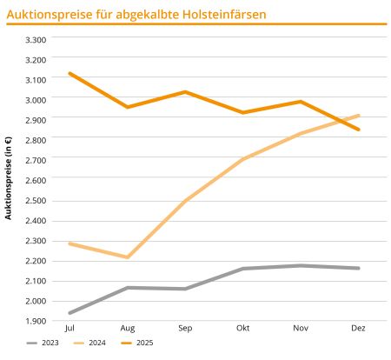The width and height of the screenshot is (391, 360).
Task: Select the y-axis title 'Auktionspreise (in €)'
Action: coord(9,177)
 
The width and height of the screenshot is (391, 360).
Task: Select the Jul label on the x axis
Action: coord(70,328)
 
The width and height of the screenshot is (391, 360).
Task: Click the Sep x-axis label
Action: coord(185,328)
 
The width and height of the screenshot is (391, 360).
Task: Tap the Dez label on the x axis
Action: coord(358,328)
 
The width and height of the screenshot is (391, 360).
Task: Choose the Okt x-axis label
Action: coord(242,328)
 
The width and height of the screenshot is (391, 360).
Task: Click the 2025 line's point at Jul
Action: coord(70,73)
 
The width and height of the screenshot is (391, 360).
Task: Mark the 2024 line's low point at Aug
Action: coord(128,257)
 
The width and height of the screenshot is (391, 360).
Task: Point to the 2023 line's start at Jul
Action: coord(70,313)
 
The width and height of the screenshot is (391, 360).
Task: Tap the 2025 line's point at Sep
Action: coord(185,91)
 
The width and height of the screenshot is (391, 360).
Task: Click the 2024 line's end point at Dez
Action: coord(358,116)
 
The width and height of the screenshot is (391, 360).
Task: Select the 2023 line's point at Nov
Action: coord(301,265)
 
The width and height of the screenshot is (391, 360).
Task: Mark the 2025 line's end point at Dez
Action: coord(358,130)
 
